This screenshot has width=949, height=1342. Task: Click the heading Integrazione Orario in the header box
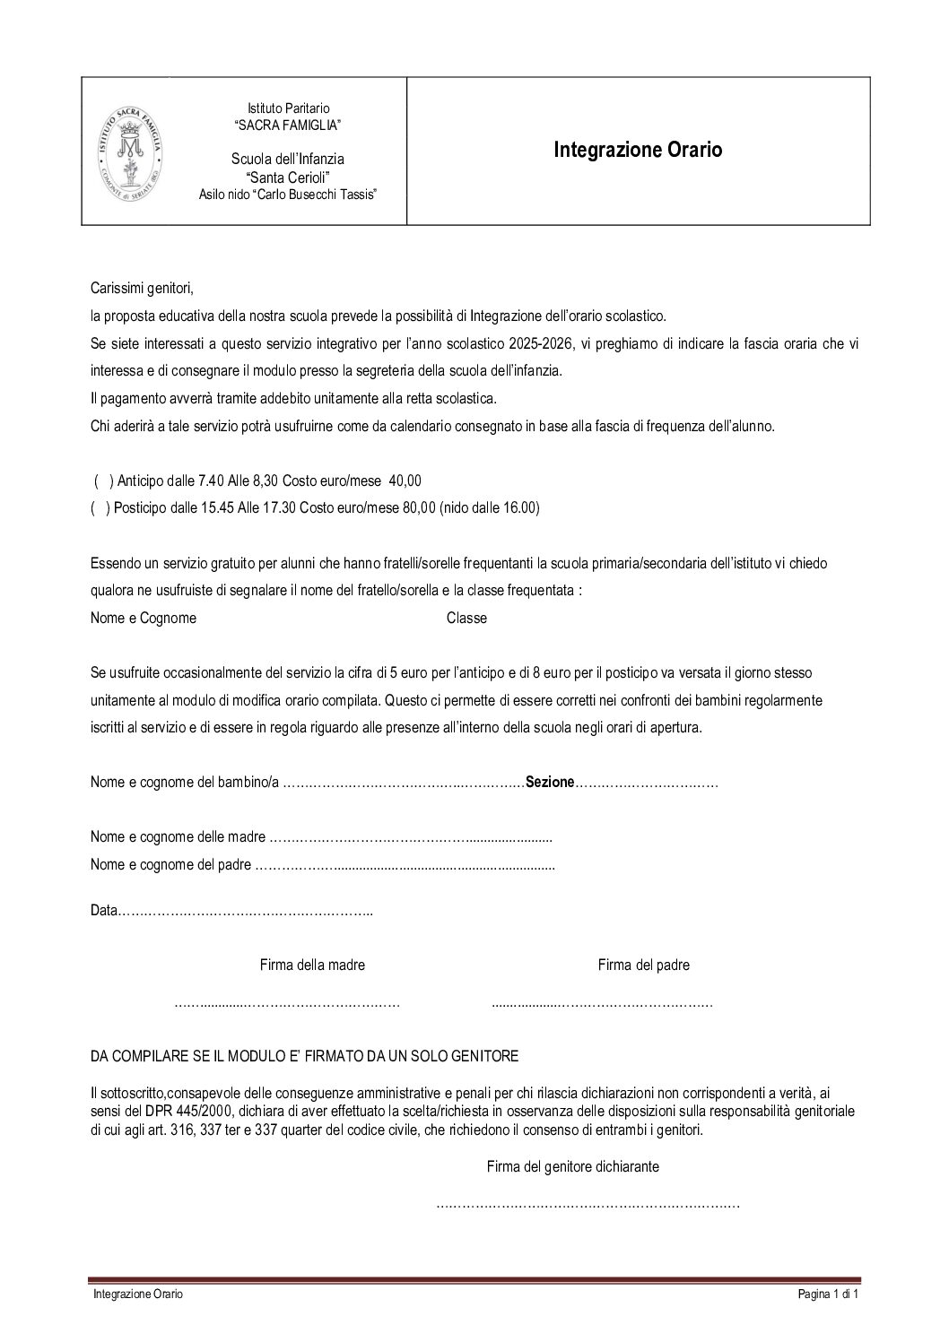638,150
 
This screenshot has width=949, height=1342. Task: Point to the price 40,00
405,481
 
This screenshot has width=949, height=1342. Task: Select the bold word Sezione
549,783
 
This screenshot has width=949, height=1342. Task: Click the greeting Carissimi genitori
142,289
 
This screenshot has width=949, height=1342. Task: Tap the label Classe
466,618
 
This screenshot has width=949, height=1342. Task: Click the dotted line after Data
247,912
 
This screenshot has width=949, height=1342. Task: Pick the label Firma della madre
312,965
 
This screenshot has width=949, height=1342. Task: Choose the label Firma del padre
643,965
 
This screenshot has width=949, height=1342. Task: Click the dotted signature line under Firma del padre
602,1004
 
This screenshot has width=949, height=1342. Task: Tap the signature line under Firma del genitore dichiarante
588,1205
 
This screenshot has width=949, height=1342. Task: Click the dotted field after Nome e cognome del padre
405,866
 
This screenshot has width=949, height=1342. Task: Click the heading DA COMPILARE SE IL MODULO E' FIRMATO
304,1056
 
